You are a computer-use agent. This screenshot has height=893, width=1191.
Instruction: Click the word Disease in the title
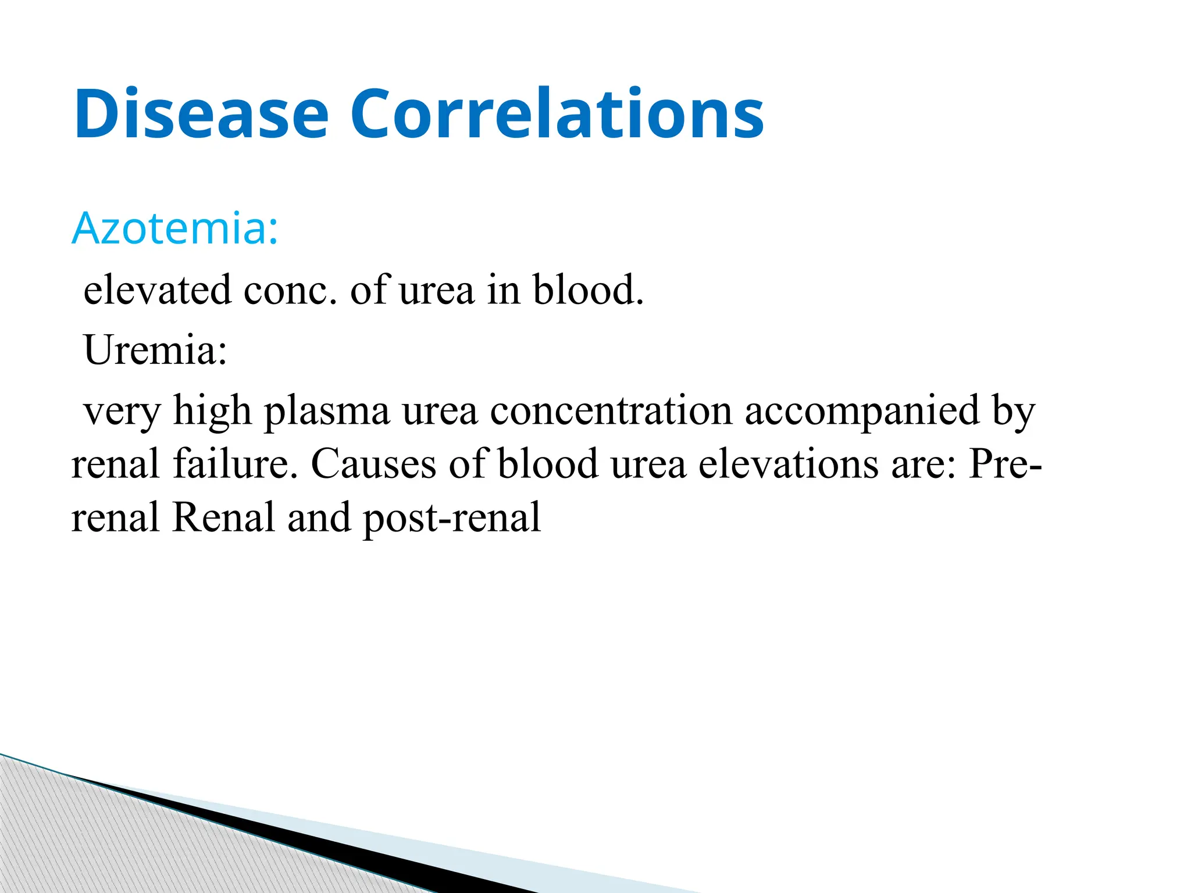pos(201,114)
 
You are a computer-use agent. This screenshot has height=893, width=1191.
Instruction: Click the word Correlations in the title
pos(557,114)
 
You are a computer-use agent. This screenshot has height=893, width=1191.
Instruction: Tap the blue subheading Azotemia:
pos(175,228)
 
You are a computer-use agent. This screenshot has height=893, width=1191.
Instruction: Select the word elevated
pos(157,290)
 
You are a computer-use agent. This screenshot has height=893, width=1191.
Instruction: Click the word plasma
pos(327,412)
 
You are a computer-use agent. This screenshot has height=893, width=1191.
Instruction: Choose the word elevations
pos(788,464)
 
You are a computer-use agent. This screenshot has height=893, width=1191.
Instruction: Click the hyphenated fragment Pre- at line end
pos(1005,464)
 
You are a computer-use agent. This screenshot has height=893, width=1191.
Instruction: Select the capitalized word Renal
pos(223,517)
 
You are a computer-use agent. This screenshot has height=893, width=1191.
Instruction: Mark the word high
pos(212,412)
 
